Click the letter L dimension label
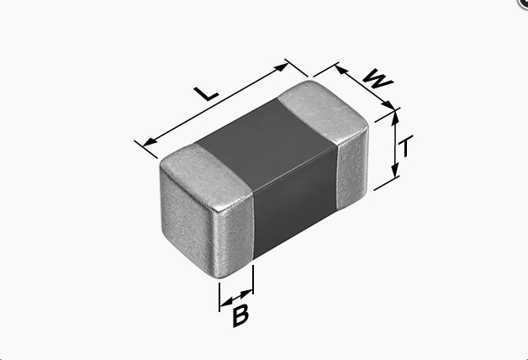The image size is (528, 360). [206, 93]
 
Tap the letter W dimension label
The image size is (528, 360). [378, 79]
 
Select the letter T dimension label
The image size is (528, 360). [406, 146]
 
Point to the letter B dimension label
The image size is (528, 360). [240, 315]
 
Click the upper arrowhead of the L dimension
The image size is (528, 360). [282, 67]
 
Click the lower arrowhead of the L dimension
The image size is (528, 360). [150, 142]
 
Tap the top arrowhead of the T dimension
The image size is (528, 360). [395, 117]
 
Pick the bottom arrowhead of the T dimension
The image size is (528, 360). [395, 170]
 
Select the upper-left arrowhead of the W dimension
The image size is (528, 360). [341, 70]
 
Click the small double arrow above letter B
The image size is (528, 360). [236, 298]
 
